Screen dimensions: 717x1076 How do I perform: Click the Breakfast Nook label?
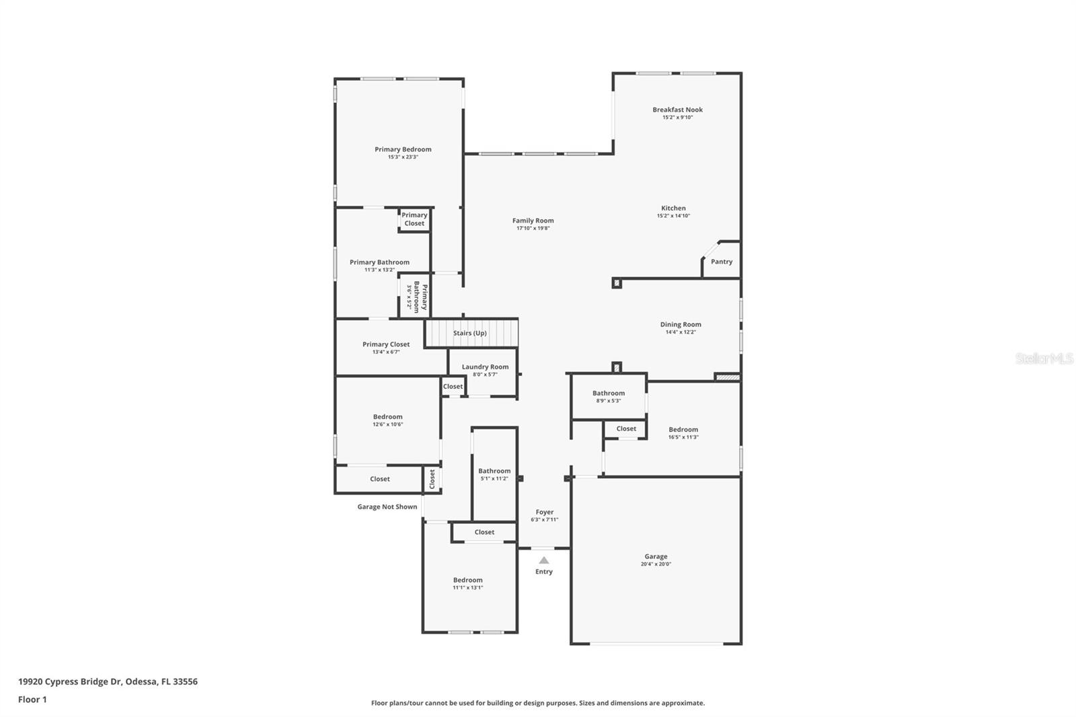(677, 110)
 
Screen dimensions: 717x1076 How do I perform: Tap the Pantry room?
(722, 262)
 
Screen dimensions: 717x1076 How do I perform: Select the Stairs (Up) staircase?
(470, 333)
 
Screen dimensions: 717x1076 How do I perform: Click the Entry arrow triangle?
(544, 560)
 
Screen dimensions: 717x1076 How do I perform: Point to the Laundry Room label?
(485, 367)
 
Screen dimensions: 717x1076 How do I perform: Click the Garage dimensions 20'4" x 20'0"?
(656, 564)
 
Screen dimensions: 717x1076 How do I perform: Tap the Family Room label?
(533, 221)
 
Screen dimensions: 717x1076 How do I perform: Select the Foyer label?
(544, 512)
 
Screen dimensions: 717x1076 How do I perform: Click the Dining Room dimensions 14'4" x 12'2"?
(681, 332)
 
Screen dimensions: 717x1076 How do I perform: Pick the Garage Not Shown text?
(387, 506)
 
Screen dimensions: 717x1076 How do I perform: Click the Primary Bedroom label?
(403, 149)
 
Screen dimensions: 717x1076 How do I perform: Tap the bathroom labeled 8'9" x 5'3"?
(608, 396)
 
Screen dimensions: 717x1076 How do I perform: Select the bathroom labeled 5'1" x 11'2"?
(494, 474)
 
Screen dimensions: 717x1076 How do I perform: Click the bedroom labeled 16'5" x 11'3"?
(683, 432)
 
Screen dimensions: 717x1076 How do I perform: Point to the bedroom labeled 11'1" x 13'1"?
(467, 583)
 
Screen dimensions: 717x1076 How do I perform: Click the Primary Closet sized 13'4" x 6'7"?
(386, 347)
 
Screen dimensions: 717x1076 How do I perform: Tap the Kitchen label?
(673, 209)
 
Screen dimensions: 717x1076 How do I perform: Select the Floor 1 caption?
(32, 700)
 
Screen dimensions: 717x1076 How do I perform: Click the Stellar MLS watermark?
(1044, 359)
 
